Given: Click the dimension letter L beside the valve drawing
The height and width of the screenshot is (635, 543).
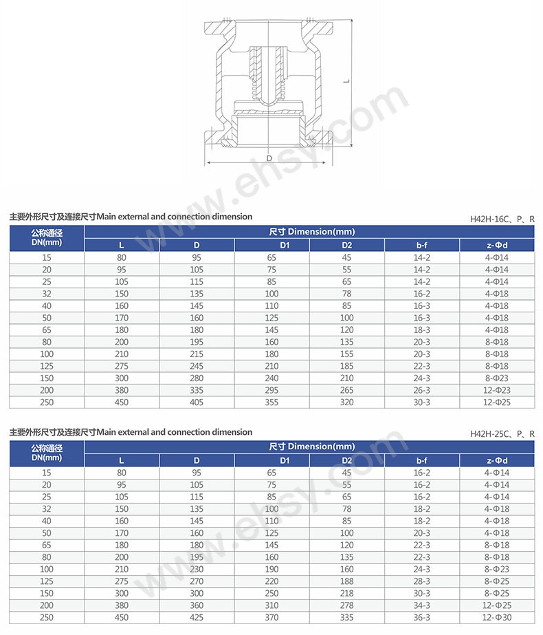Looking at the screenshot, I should (347, 81).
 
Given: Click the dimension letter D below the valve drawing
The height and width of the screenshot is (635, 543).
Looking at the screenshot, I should (270, 158).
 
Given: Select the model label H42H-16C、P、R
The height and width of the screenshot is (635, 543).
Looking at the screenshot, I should (502, 219).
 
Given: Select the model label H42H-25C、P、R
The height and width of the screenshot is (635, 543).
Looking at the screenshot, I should (502, 434).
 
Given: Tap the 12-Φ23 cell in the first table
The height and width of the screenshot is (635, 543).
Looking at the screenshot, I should (496, 390).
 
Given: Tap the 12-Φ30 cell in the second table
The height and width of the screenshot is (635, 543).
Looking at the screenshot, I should (496, 617).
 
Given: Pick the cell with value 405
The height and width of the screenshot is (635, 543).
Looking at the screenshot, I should (197, 402).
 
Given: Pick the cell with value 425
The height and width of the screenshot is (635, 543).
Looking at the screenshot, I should (197, 617).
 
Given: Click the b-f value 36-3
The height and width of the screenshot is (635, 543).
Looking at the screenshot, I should (423, 617).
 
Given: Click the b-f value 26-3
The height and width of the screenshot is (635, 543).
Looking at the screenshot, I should (423, 390).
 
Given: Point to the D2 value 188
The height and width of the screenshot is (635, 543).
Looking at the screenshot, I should (347, 581).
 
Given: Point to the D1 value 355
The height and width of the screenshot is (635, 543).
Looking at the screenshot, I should (271, 402).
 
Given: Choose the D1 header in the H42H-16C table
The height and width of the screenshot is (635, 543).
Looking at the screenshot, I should (271, 245).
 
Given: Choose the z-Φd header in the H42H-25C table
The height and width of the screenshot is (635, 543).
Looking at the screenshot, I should (496, 460).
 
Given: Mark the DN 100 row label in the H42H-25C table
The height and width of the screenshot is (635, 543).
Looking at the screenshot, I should (47, 569).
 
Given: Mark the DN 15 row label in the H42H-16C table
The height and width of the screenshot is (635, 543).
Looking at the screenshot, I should (47, 258).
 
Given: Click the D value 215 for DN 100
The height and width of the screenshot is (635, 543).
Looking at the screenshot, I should (197, 354).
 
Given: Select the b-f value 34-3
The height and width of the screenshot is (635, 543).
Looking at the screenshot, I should (423, 605).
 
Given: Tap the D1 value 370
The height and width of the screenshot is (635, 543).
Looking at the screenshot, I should (271, 617).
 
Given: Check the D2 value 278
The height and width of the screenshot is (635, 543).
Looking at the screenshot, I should (347, 605).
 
